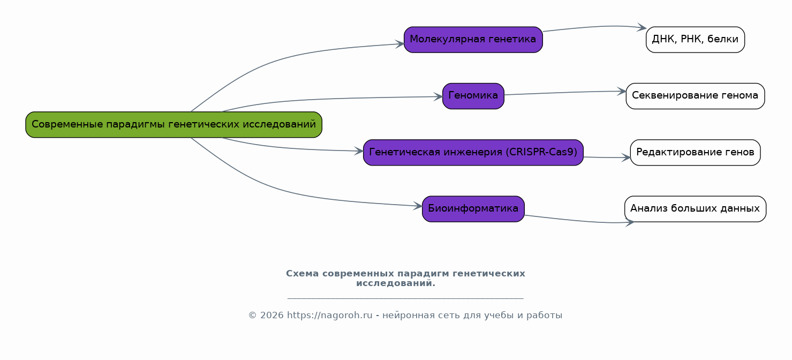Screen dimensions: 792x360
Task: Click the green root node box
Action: tap(174, 124)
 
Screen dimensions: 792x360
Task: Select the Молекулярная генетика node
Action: tap(473, 40)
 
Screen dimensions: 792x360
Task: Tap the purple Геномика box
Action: tap(473, 96)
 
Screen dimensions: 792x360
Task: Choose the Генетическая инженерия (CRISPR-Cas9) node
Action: tap(473, 153)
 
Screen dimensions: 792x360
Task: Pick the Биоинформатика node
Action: tap(473, 209)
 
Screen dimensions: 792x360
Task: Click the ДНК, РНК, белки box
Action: tap(695, 40)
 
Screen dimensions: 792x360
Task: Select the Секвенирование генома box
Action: tap(695, 96)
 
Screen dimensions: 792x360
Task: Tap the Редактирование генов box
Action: tap(695, 153)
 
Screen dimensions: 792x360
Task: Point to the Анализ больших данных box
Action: tap(695, 209)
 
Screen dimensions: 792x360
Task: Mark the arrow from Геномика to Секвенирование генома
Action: tap(565, 92)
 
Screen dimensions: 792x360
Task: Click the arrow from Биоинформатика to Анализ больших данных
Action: tap(580, 221)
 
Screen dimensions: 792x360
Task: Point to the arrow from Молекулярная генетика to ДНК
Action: tap(594, 27)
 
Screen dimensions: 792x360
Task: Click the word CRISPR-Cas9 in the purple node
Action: tap(541, 152)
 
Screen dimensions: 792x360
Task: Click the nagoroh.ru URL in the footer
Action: tap(329, 315)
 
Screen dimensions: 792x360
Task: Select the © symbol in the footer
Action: tap(252, 315)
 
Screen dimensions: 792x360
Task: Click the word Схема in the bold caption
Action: tap(303, 273)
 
